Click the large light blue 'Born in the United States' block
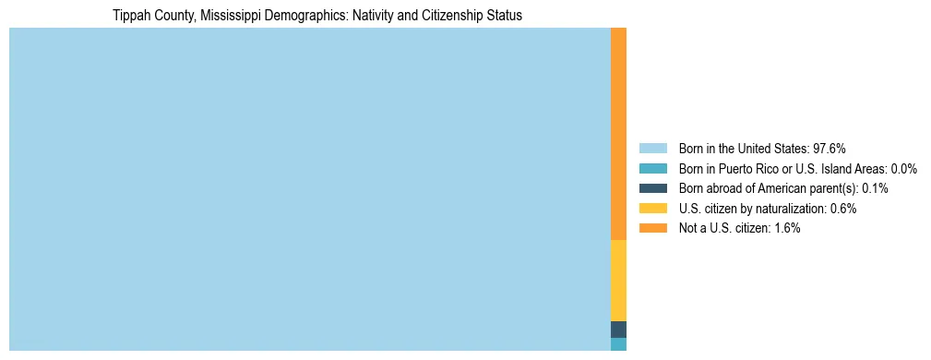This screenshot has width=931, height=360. pyautogui.click(x=309, y=189)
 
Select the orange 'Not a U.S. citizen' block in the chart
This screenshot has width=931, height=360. pyautogui.click(x=618, y=134)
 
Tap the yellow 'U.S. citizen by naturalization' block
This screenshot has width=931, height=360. pyautogui.click(x=618, y=281)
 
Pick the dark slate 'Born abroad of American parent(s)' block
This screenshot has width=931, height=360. pyautogui.click(x=618, y=330)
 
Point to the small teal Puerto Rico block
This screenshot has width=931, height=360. pyautogui.click(x=618, y=344)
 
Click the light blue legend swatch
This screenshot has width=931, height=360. pyautogui.click(x=652, y=149)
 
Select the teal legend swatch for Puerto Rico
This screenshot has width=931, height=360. pyautogui.click(x=652, y=169)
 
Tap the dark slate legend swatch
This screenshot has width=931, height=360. pyautogui.click(x=652, y=188)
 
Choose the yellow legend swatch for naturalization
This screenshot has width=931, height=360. pyautogui.click(x=652, y=209)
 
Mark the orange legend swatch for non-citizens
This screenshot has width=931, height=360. pyautogui.click(x=652, y=228)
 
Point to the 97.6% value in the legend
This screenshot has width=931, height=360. pyautogui.click(x=830, y=149)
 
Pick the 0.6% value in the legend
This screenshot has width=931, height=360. pyautogui.click(x=841, y=209)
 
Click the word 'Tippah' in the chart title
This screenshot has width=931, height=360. pyautogui.click(x=132, y=16)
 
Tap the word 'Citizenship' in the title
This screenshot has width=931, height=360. pyautogui.click(x=439, y=16)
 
